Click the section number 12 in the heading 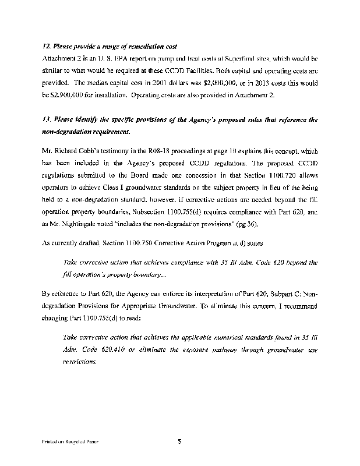46,46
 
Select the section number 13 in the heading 46,119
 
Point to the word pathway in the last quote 226,349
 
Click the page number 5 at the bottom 180,442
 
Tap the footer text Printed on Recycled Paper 69,442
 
